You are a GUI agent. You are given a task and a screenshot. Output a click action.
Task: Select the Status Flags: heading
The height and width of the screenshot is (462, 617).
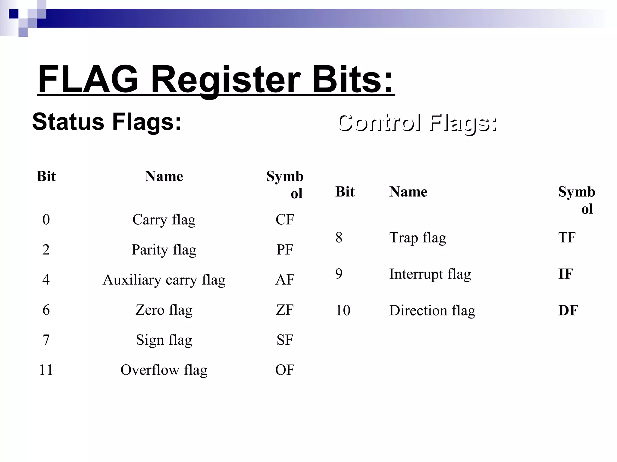107,122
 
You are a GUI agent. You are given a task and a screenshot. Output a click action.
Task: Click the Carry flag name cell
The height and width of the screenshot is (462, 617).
164,220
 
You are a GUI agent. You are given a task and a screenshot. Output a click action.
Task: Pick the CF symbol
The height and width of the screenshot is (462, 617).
284,220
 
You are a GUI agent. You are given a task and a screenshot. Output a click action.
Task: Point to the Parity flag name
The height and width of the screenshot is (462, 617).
164,250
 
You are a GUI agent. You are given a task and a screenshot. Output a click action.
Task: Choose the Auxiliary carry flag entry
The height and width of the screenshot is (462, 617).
164,280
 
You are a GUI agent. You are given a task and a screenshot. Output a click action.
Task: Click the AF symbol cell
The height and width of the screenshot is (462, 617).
284,280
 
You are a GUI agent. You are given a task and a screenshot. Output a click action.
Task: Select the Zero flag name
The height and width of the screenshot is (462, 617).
164,310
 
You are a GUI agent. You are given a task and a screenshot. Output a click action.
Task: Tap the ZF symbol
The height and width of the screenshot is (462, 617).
284,310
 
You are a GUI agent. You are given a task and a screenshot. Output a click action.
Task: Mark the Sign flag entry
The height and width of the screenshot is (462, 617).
164,340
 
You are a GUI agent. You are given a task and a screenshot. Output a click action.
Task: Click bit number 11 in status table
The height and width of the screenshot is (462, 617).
46,370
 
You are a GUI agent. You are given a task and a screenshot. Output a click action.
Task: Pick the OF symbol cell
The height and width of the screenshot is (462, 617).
284,370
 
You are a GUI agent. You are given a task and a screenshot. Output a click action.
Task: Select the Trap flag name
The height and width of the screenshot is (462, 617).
418,238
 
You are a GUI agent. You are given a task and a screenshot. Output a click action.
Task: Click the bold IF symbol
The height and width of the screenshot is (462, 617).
565,274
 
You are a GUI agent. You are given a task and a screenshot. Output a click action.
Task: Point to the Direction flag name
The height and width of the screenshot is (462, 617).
432,310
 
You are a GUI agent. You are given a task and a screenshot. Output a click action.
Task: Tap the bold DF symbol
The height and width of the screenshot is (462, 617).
568,310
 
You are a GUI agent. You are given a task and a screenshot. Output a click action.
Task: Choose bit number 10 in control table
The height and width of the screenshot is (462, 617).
343,310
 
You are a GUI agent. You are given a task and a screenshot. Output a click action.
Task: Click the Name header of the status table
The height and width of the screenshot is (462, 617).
164,176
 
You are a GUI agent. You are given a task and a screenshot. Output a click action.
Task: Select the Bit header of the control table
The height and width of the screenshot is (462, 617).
345,192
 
